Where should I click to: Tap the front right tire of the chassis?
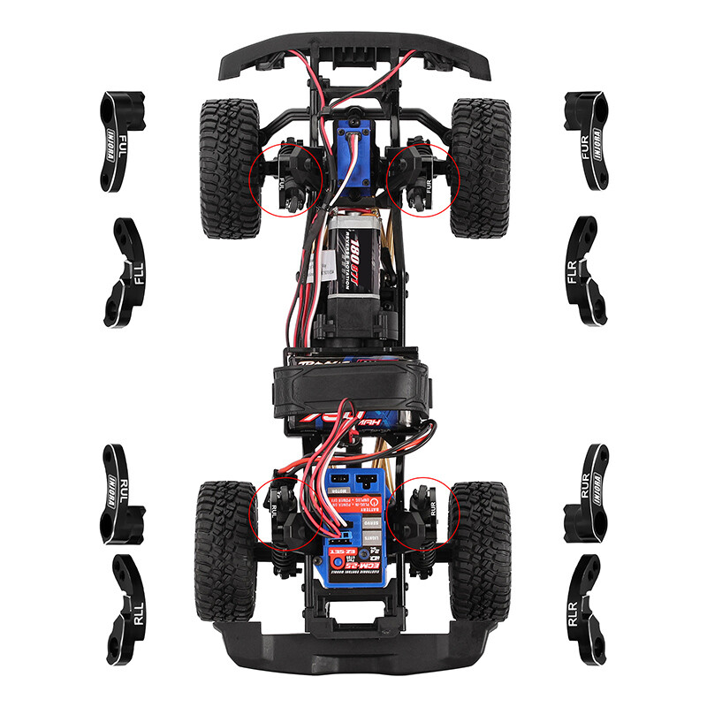point(480,168)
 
